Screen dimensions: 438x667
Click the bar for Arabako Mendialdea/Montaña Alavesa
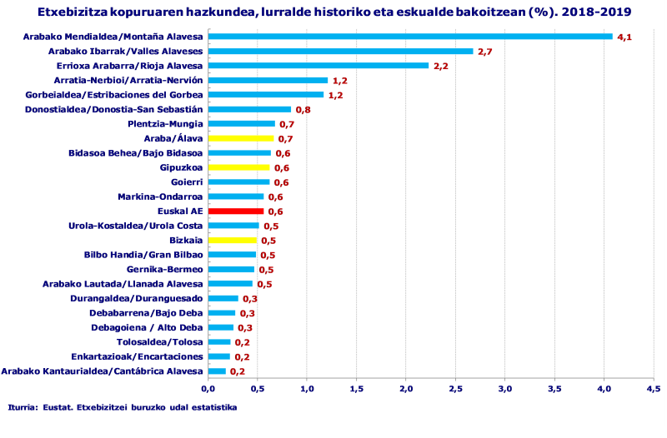[409, 37]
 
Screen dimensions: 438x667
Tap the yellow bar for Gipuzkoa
[238, 167]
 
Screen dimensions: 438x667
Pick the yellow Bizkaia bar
[232, 241]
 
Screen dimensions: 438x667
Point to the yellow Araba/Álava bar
[240, 138]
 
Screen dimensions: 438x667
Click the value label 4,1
[624, 37]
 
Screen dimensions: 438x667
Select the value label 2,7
[484, 52]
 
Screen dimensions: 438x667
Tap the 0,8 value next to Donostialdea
[303, 110]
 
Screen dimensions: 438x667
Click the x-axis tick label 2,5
[456, 388]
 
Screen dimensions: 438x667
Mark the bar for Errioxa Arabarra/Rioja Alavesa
[318, 66]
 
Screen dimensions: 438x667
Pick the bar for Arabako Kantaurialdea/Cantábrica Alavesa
[217, 371]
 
